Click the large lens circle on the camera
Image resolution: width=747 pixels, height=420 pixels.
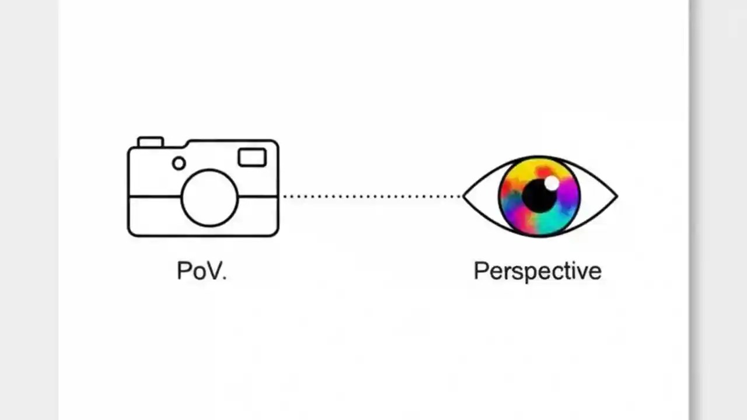210,198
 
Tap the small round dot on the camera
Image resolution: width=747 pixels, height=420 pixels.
179,163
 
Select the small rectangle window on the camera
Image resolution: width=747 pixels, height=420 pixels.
252,157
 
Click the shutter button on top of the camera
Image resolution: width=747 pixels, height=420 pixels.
150,142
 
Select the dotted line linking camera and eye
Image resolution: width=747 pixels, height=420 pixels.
371,197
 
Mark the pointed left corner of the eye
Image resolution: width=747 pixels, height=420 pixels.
465,197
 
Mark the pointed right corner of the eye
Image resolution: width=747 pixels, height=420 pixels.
616,197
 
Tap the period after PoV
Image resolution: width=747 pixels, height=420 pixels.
224,278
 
